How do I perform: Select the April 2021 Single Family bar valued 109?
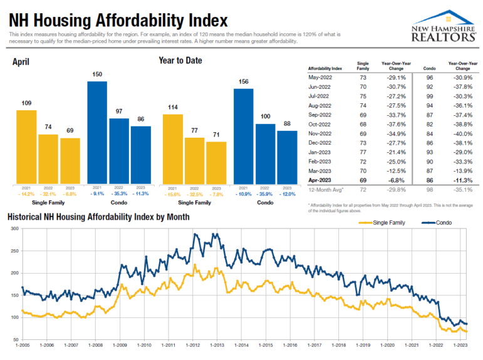pyautogui.click(x=26, y=147)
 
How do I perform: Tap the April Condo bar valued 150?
pyautogui.click(x=97, y=132)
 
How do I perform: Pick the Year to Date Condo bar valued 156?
pyautogui.click(x=244, y=136)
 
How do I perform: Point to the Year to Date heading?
pyautogui.click(x=180, y=61)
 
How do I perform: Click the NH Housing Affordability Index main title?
pyautogui.click(x=118, y=20)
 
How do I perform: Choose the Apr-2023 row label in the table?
pyautogui.click(x=319, y=180)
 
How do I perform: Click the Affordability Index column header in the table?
pyautogui.click(x=325, y=67)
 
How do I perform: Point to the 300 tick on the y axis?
pyautogui.click(x=14, y=229)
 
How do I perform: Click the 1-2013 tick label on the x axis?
pyautogui.click(x=217, y=345)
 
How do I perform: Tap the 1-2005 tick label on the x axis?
pyautogui.click(x=23, y=345)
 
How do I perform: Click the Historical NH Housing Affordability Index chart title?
pyautogui.click(x=98, y=217)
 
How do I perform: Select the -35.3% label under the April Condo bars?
pyautogui.click(x=119, y=193)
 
